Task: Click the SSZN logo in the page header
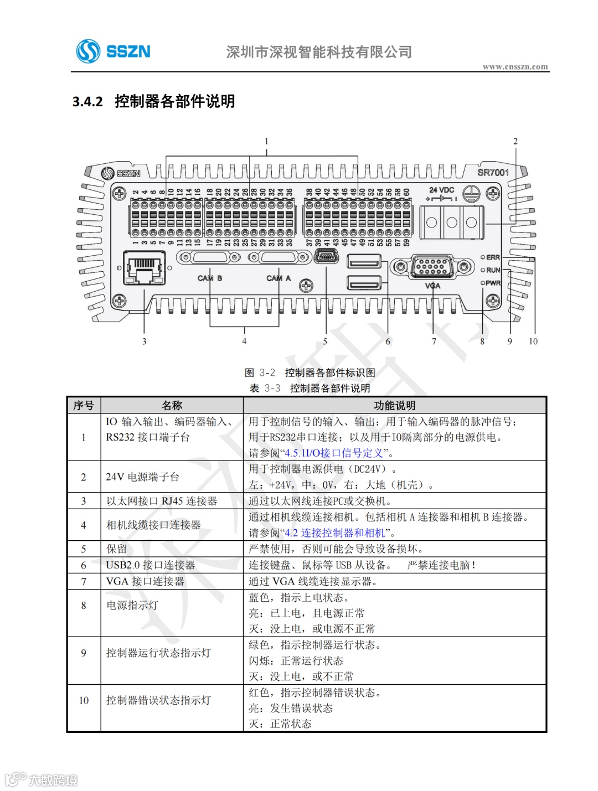click(x=114, y=51)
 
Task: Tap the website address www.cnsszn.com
click(x=515, y=67)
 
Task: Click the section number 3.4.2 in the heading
click(x=87, y=101)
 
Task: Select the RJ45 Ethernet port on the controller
click(x=144, y=268)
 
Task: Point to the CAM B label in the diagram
click(x=210, y=278)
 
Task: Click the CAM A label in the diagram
click(x=278, y=278)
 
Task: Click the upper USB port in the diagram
click(x=364, y=261)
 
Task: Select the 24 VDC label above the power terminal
click(x=441, y=190)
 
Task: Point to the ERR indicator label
click(x=493, y=257)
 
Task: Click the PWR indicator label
click(x=493, y=283)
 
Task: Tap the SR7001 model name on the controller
click(x=493, y=173)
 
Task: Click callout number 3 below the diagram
click(x=144, y=342)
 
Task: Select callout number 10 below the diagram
click(x=533, y=342)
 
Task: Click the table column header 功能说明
click(x=394, y=405)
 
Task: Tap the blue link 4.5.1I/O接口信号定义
click(x=334, y=453)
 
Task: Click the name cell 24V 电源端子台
click(x=143, y=477)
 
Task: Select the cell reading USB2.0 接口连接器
click(x=151, y=565)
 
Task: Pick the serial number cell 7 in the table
click(x=84, y=581)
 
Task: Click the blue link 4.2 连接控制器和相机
click(x=335, y=533)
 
